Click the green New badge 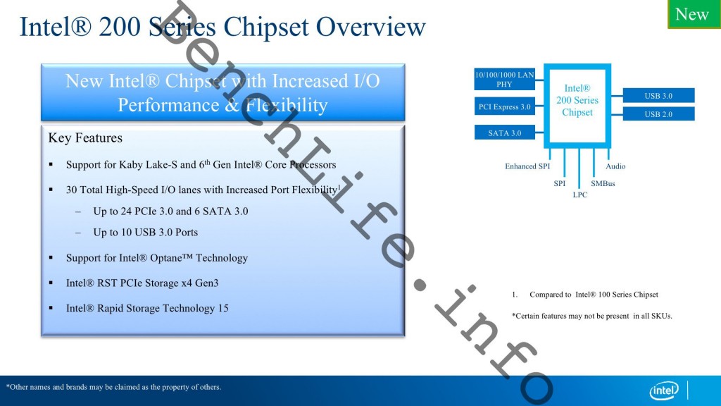(693, 14)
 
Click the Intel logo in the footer (664, 390)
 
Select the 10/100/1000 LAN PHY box (504, 79)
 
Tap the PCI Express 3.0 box (504, 107)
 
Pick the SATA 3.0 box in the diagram (504, 133)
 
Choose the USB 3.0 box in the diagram (658, 96)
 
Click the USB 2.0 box (658, 114)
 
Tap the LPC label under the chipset (579, 195)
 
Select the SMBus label (603, 183)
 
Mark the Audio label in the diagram (615, 166)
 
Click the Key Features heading (85, 138)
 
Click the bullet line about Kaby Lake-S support (201, 165)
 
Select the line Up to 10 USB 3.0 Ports (145, 233)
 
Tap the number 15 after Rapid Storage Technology (223, 309)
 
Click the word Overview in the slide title (370, 27)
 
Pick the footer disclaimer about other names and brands (113, 387)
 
